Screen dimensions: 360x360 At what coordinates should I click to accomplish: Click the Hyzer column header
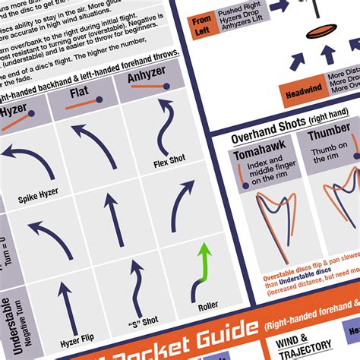[x=13, y=110]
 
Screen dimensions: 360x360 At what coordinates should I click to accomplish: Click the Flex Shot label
[x=169, y=161]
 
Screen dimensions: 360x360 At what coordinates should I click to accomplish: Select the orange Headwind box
[x=302, y=91]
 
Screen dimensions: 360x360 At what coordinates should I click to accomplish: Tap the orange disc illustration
[x=320, y=34]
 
